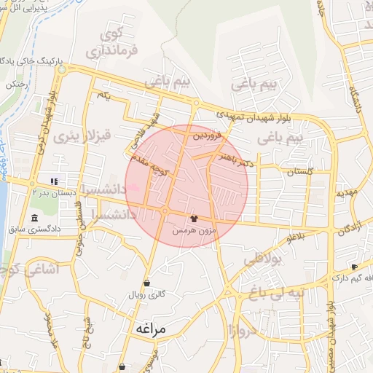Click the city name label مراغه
tap(151, 329)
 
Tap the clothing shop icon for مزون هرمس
tap(194, 219)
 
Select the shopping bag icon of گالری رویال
tap(147, 283)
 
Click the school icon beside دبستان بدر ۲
tap(52, 181)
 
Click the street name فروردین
tap(205, 135)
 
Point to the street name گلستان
tap(299, 172)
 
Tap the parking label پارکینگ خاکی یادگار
tap(31, 59)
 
